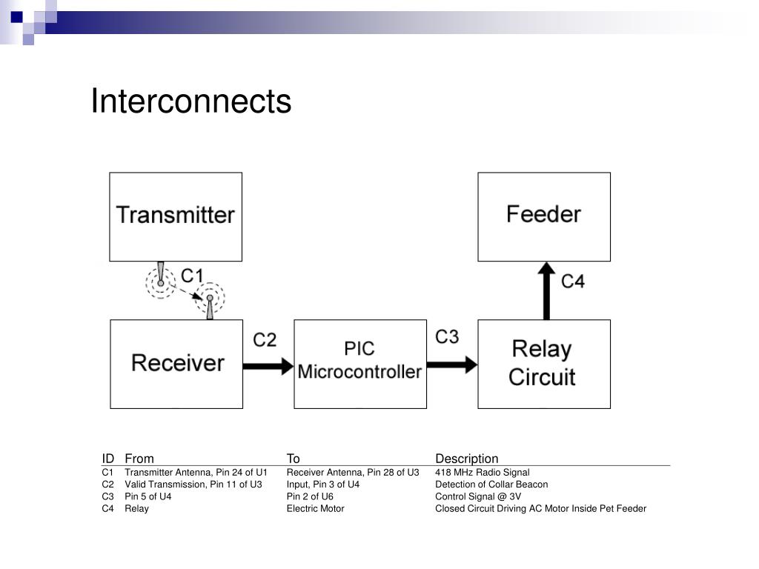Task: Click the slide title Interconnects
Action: (190, 102)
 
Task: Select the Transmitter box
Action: (176, 216)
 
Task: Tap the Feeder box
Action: (543, 216)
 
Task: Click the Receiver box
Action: (176, 364)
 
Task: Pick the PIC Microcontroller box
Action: (359, 364)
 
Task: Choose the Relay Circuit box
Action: (543, 364)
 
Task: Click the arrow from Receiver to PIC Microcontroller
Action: (268, 365)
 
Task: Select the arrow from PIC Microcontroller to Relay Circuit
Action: (451, 365)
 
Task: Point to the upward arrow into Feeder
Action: (546, 290)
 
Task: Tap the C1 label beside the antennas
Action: (192, 276)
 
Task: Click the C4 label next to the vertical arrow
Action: (572, 282)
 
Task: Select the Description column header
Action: (466, 459)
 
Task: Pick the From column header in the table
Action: (139, 459)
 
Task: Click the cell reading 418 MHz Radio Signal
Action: (482, 472)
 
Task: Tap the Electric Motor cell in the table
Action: (315, 508)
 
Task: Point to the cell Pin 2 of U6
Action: (310, 496)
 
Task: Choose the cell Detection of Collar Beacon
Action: (491, 485)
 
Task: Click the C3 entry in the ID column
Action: (108, 496)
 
